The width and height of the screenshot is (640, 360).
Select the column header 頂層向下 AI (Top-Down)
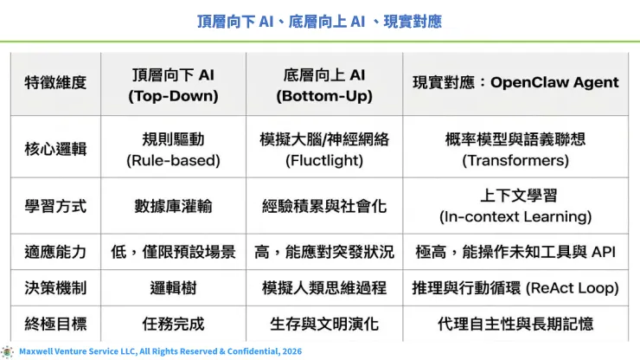pyautogui.click(x=173, y=85)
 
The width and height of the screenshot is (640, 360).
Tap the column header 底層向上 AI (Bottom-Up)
pyautogui.click(x=324, y=85)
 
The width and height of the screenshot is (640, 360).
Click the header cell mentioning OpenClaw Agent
pyautogui.click(x=515, y=83)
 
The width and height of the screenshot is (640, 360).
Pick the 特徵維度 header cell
pyautogui.click(x=55, y=83)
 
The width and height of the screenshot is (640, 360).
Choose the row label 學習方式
pyautogui.click(x=55, y=206)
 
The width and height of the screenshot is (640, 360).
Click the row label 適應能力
pyautogui.click(x=55, y=252)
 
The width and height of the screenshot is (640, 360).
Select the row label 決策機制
pyautogui.click(x=55, y=287)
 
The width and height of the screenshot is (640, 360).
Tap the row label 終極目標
pyautogui.click(x=55, y=324)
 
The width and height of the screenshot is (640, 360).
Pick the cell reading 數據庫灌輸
pyautogui.click(x=173, y=206)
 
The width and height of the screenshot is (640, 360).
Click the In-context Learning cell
pyautogui.click(x=515, y=206)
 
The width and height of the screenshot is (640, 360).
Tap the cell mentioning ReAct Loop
pyautogui.click(x=515, y=287)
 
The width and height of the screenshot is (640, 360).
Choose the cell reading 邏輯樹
pyautogui.click(x=173, y=287)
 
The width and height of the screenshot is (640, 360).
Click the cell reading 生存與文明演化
pyautogui.click(x=324, y=324)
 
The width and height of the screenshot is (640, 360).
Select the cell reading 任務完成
pyautogui.click(x=173, y=324)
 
